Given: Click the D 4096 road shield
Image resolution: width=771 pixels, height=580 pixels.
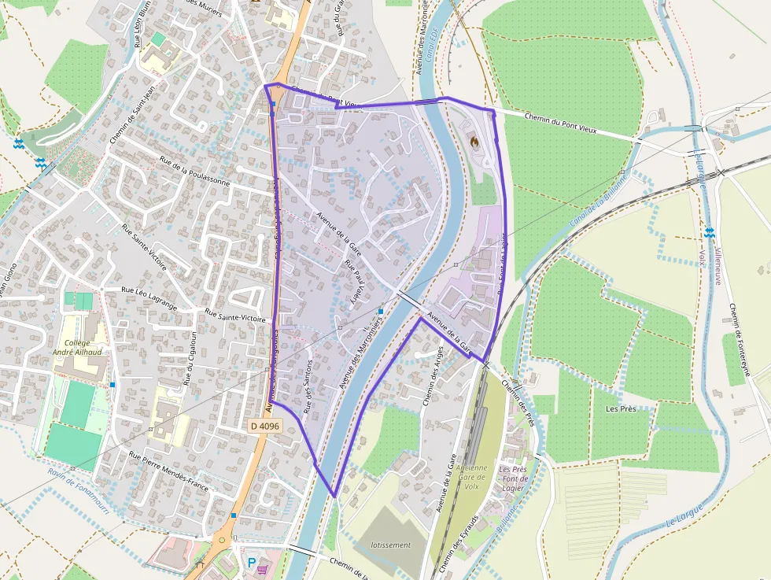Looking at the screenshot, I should [265, 426].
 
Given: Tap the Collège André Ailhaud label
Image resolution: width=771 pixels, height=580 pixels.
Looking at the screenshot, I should [83, 348].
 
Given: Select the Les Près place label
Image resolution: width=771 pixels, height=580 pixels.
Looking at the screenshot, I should [621, 408].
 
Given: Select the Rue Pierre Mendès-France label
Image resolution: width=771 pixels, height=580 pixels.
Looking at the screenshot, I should [169, 471].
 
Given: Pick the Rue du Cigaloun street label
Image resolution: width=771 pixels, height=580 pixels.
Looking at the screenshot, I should [190, 357].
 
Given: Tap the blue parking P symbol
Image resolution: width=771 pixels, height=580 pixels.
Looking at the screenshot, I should [252, 563].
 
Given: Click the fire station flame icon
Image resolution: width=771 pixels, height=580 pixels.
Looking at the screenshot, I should [474, 142].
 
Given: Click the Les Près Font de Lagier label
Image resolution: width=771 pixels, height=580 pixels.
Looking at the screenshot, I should [514, 478].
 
